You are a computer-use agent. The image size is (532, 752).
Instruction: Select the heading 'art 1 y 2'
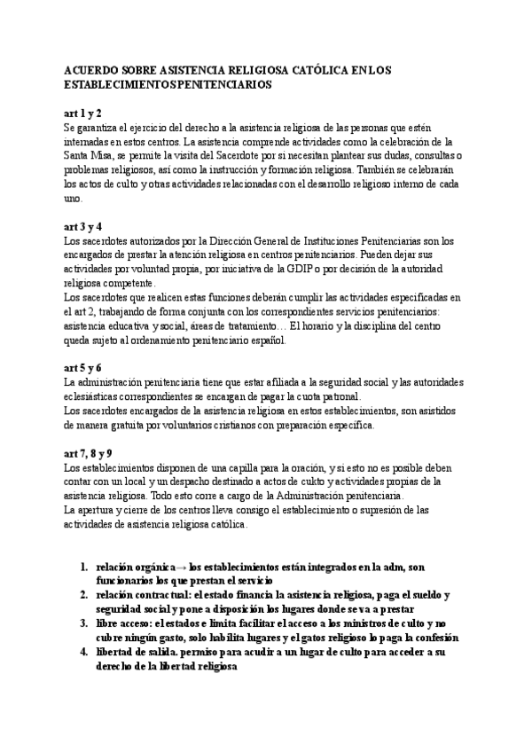(x=83, y=114)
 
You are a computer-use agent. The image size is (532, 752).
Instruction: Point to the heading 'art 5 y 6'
(x=83, y=367)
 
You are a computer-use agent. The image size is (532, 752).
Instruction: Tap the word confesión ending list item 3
(x=431, y=637)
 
